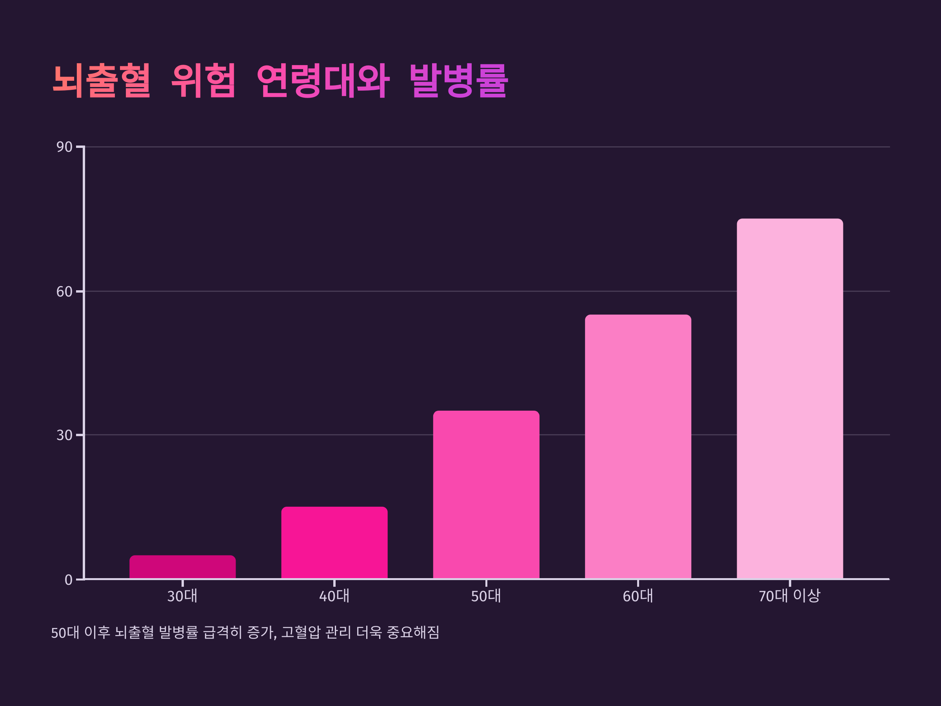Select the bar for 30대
pos(182,567)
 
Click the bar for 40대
pos(334,543)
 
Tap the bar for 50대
pos(486,495)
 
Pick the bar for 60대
pos(638,447)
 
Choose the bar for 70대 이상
pos(790,399)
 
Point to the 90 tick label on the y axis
pos(64,147)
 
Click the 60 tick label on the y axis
pos(64,292)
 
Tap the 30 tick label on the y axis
pos(64,435)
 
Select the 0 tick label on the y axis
pos(69,580)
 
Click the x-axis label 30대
pos(182,596)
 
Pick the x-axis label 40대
pos(334,596)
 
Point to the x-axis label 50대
pos(486,596)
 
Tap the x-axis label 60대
pos(638,596)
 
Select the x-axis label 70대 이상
pos(790,596)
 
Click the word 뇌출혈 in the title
pos(102,80)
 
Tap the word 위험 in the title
pos(203,80)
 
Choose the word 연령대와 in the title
pos(323,80)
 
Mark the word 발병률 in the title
pos(459,80)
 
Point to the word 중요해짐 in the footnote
pos(412,632)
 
